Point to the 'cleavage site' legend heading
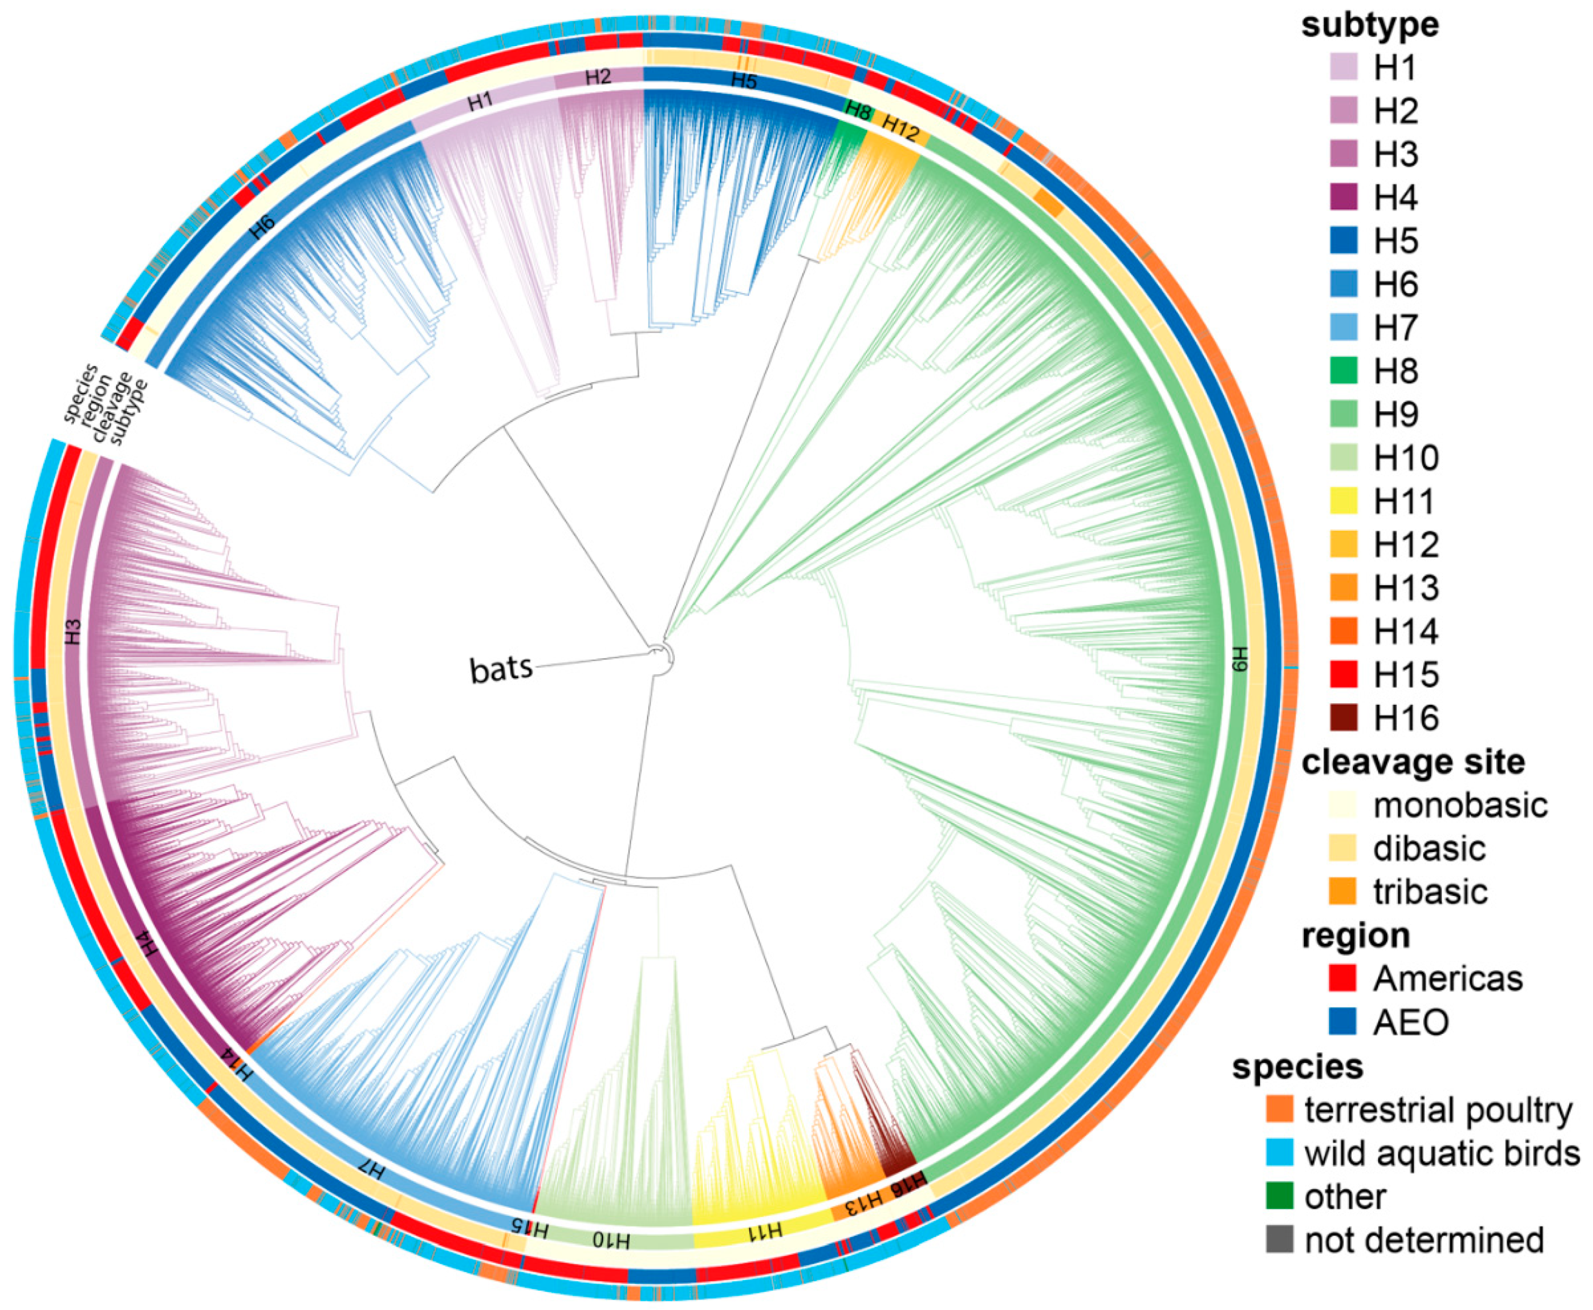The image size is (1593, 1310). (x=1412, y=762)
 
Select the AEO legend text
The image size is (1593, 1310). (x=1410, y=1022)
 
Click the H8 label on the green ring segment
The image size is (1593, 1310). (x=858, y=110)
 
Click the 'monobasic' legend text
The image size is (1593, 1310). (x=1460, y=805)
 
